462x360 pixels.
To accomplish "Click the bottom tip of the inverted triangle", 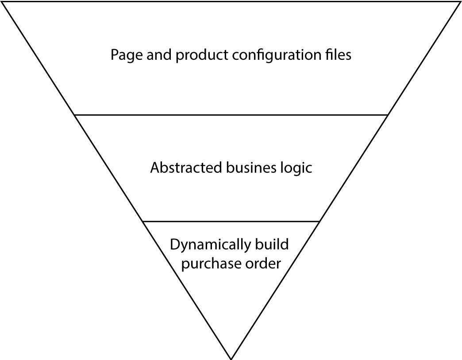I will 231,357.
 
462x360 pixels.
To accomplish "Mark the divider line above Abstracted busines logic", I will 231,115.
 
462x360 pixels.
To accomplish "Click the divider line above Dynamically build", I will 231,221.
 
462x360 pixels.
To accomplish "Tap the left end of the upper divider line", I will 76,115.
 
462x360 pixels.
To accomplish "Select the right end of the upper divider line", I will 387,115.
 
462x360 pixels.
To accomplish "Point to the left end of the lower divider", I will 143,221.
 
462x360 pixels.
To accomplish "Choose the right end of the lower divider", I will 319,221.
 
